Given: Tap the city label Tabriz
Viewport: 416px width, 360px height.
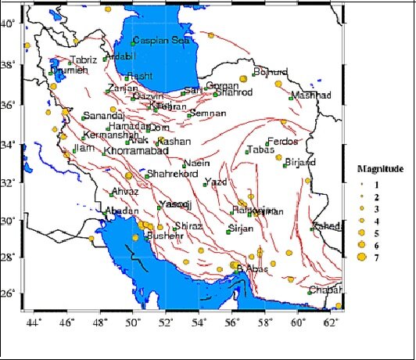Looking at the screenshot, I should coord(83,59).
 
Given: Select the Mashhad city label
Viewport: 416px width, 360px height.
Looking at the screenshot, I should coord(306,95).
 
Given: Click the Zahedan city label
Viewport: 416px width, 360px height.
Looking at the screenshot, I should coord(327,226).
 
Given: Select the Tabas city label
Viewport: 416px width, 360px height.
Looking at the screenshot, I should coord(260,150).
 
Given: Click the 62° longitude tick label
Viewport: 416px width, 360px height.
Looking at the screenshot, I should coord(331,321).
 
